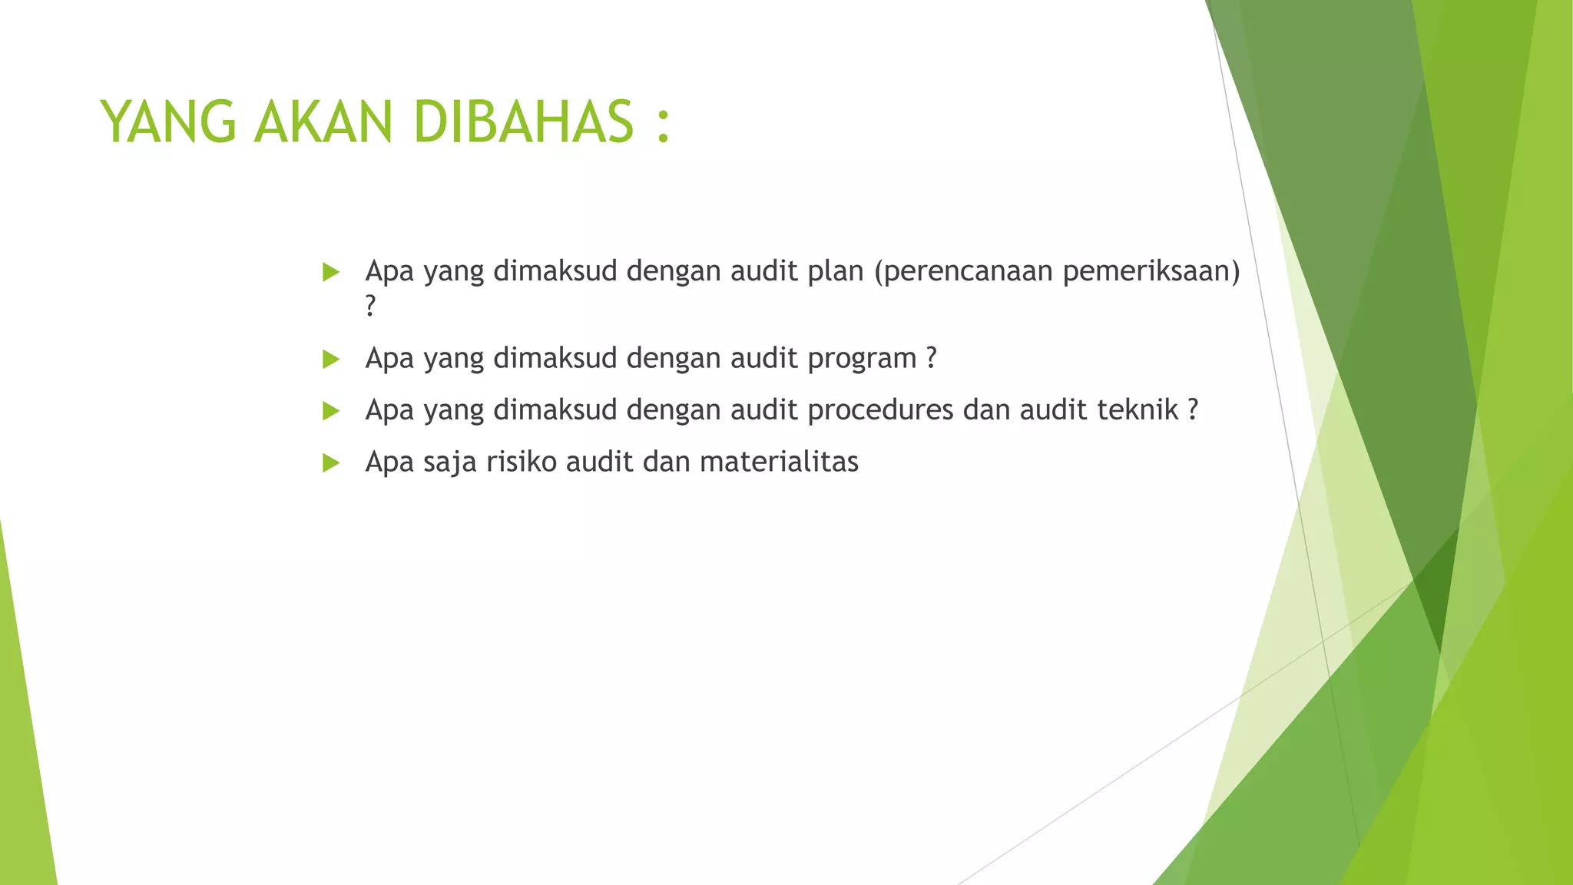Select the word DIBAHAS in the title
pyautogui.click(x=523, y=122)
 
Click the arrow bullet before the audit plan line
pyautogui.click(x=331, y=272)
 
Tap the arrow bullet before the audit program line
pyautogui.click(x=331, y=359)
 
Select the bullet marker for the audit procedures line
pyautogui.click(x=331, y=411)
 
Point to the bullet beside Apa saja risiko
pyautogui.click(x=331, y=462)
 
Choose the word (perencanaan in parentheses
pyautogui.click(x=963, y=272)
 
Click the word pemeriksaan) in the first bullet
pyautogui.click(x=1151, y=272)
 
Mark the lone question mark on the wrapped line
pyautogui.click(x=371, y=306)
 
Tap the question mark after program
pyautogui.click(x=931, y=358)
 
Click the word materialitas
pyautogui.click(x=779, y=462)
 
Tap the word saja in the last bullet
pyautogui.click(x=450, y=462)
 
